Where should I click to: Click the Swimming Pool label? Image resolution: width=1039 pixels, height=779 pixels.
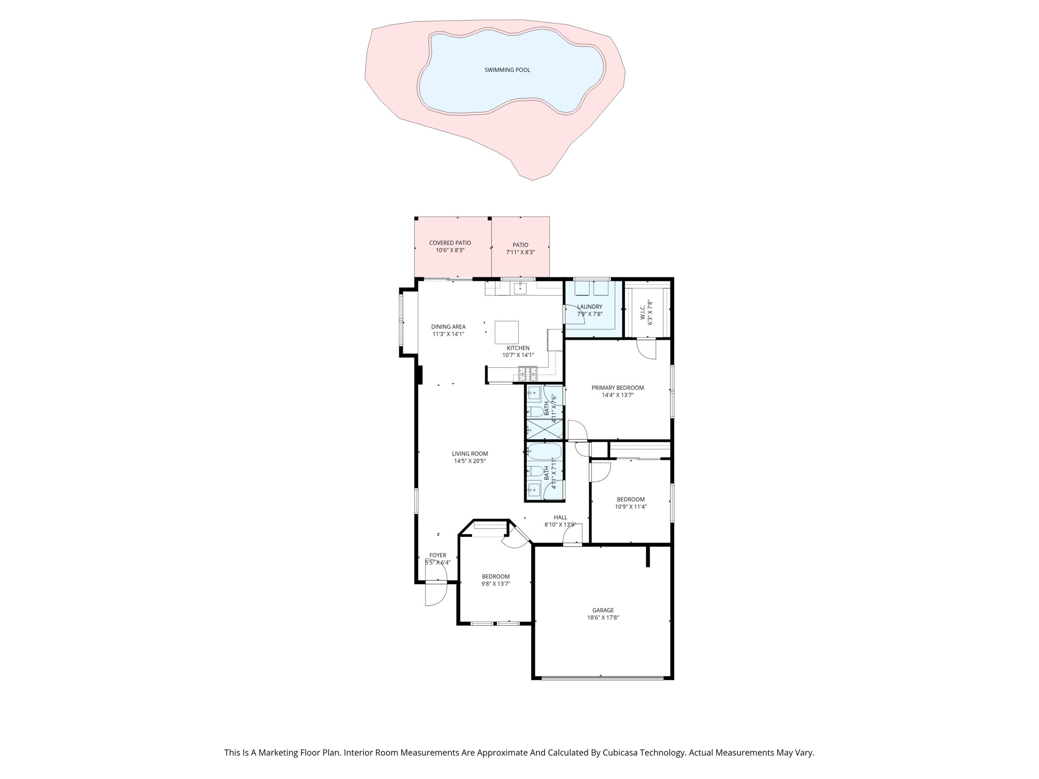tap(507, 70)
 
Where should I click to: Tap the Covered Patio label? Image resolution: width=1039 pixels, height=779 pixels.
tap(450, 243)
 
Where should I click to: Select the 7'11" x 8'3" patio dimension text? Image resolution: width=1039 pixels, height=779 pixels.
tap(520, 252)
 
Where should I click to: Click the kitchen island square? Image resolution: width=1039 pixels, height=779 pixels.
tap(507, 332)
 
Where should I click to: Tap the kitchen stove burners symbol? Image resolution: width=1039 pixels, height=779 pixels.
tap(528, 374)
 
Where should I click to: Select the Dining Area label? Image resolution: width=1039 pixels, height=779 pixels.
tap(448, 327)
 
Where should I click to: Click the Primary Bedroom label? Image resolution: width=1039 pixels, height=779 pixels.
tap(618, 388)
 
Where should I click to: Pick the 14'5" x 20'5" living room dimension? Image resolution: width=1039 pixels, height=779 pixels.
tap(470, 461)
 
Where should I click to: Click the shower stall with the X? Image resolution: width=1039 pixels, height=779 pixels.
tap(544, 430)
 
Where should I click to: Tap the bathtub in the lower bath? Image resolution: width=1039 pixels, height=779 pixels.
tap(544, 452)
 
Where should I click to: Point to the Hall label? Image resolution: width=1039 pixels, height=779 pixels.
tap(560, 517)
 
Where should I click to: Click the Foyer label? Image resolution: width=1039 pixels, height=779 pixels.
tap(438, 555)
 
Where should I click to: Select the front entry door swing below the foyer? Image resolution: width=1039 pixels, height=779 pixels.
tap(436, 594)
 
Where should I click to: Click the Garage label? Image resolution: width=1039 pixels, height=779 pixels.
tap(603, 611)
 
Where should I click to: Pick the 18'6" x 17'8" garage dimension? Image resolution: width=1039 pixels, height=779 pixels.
tap(603, 618)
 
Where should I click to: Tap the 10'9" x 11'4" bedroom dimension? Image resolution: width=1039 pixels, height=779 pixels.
tap(631, 507)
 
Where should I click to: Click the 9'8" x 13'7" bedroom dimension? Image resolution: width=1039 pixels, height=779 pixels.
tap(496, 584)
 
